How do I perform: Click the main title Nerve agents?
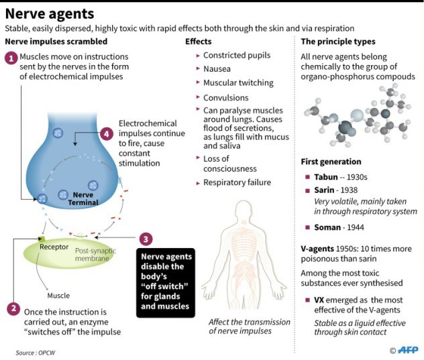pos(50,13)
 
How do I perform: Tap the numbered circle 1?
pos(11,58)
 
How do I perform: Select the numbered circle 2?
pos(12,309)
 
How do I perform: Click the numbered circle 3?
pos(146,239)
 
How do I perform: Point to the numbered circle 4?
pos(106,133)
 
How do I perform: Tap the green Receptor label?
pos(54,247)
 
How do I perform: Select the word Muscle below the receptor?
pos(58,295)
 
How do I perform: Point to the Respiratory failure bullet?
pos(237,182)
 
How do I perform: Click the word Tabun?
pos(326,177)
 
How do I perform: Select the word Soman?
pos(327,227)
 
